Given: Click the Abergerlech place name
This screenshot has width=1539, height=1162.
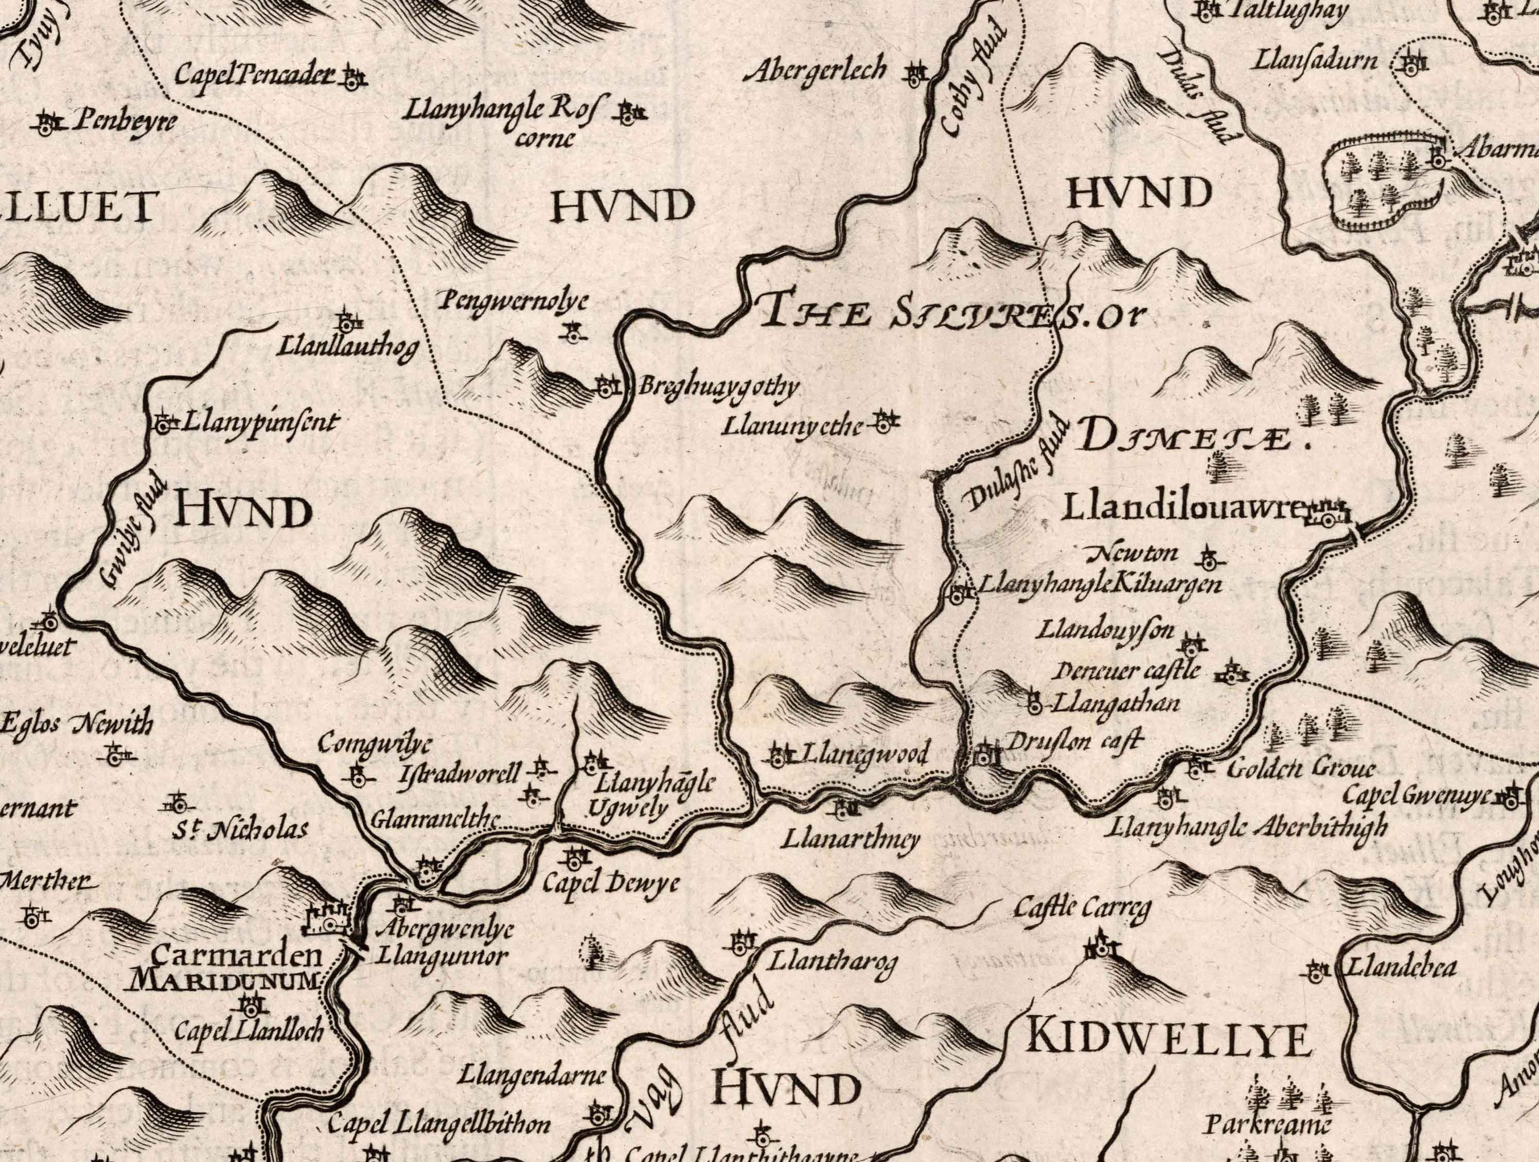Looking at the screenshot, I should pos(816,71).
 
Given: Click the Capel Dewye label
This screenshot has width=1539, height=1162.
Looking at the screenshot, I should pos(610,884).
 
